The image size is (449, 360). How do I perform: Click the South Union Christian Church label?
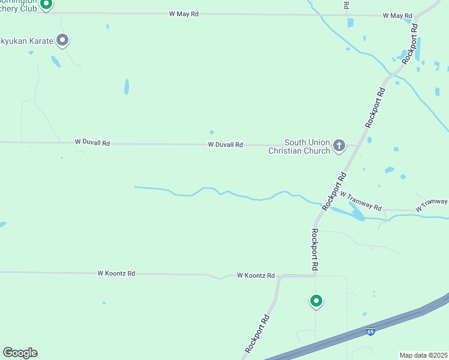[x=307, y=146]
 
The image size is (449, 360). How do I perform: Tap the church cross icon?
[x=339, y=145]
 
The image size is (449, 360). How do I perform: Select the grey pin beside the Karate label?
[x=62, y=40]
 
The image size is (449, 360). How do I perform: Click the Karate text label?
[x=26, y=41]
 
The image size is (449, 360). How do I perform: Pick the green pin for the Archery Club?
[x=47, y=4]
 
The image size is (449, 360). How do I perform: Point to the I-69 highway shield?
[x=371, y=331]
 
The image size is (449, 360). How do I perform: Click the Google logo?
[x=20, y=353]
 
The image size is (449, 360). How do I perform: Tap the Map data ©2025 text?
[x=423, y=355]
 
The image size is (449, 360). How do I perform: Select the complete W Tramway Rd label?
[x=361, y=200]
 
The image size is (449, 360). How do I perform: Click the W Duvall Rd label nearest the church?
[x=225, y=145]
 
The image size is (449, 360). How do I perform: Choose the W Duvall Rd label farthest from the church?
[x=92, y=143]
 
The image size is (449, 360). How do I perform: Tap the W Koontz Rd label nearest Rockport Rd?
[x=256, y=275]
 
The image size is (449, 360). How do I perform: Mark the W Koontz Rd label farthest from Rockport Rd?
[x=116, y=273]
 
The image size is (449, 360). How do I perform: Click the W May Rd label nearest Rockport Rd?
[x=397, y=16]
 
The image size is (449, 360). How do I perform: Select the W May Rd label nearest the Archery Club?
[x=184, y=13]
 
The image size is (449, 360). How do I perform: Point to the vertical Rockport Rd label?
[x=315, y=248]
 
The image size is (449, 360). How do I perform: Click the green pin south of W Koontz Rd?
[x=316, y=301]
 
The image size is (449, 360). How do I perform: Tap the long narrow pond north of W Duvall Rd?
[x=126, y=87]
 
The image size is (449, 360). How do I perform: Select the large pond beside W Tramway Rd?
[x=355, y=211]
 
